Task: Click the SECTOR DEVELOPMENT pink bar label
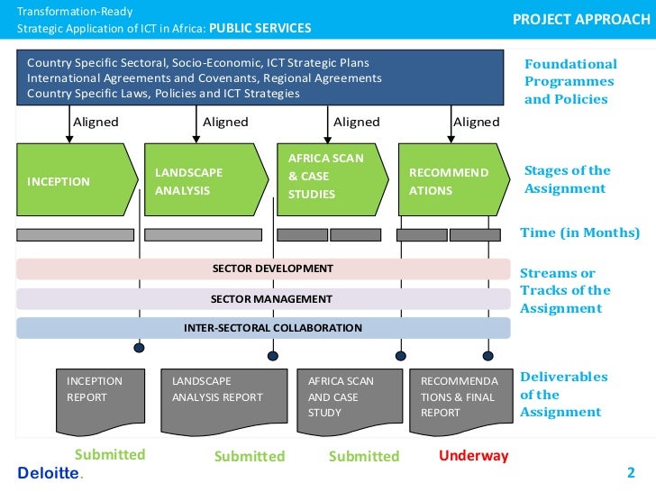pyautogui.click(x=272, y=269)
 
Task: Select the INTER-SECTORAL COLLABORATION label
pyautogui.click(x=272, y=328)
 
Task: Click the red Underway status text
pyautogui.click(x=473, y=455)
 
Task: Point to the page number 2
pyautogui.click(x=631, y=472)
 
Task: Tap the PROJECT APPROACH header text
pyautogui.click(x=580, y=19)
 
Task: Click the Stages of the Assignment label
pyautogui.click(x=567, y=179)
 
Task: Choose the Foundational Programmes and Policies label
pyautogui.click(x=570, y=81)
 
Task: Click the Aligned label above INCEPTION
pyautogui.click(x=95, y=122)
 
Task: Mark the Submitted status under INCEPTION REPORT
pyautogui.click(x=109, y=454)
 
